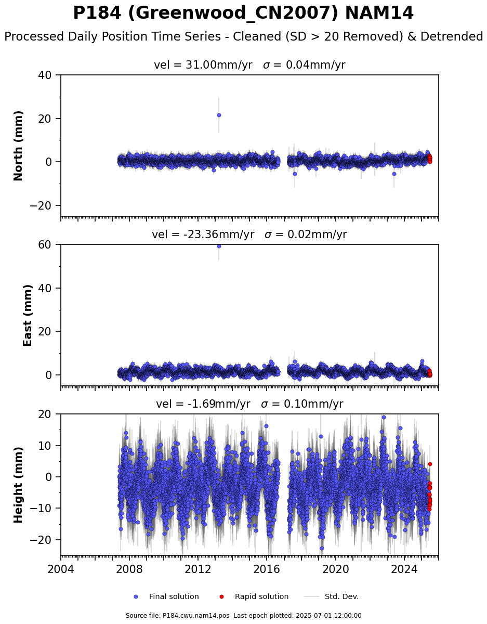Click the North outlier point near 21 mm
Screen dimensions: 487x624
click(x=219, y=115)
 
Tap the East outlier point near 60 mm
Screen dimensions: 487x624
click(x=219, y=246)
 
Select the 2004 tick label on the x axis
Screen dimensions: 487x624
click(x=61, y=569)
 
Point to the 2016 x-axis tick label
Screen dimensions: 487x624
click(x=267, y=569)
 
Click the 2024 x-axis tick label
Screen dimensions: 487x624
click(x=404, y=569)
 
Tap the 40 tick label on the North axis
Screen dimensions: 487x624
click(x=45, y=75)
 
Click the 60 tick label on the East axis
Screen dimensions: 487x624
click(x=45, y=245)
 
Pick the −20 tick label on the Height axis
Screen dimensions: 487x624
click(x=41, y=540)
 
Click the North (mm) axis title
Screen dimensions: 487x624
click(x=18, y=146)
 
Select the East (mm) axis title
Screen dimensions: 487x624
click(x=27, y=315)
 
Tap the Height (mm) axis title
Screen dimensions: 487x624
click(x=18, y=485)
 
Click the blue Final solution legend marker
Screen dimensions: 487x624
click(x=136, y=597)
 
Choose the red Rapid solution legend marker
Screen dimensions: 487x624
click(x=221, y=597)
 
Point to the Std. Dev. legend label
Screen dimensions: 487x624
click(x=341, y=597)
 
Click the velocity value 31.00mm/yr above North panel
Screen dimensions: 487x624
click(x=219, y=65)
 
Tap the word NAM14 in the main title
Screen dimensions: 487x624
click(x=379, y=13)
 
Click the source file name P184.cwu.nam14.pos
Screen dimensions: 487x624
click(x=196, y=616)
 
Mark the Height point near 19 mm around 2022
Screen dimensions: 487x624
click(x=384, y=418)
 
